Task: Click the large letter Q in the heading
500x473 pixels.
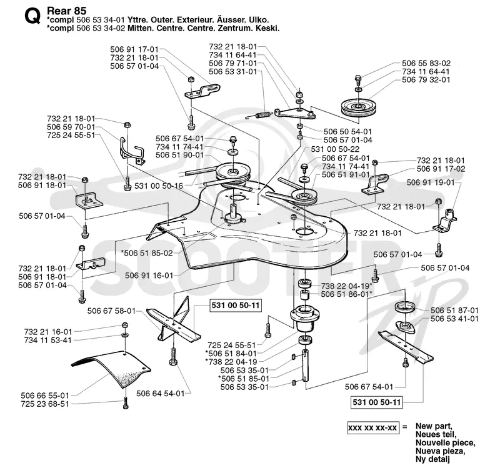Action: (32, 17)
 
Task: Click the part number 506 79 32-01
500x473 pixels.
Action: (426, 80)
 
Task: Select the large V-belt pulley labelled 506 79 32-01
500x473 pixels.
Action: (359, 108)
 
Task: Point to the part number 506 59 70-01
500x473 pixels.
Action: (71, 127)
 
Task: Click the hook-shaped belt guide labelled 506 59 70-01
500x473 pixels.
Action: (131, 151)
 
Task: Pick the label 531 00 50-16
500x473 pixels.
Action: (159, 186)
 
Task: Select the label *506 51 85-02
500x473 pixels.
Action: (147, 253)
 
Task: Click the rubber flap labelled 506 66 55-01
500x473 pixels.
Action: (110, 369)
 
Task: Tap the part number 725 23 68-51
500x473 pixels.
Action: (45, 404)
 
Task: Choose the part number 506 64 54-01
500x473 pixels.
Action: (161, 394)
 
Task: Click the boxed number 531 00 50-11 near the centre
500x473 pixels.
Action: (236, 306)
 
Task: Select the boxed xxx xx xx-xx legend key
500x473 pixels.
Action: (373, 427)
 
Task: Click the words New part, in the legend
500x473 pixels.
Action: (434, 426)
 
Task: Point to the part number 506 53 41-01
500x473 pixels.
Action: (454, 319)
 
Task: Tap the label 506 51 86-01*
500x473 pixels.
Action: (347, 294)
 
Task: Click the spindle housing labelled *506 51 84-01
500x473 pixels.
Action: (305, 318)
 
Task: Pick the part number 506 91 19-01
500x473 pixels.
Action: (431, 182)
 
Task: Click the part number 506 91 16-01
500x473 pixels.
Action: (149, 276)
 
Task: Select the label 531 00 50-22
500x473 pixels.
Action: (335, 149)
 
